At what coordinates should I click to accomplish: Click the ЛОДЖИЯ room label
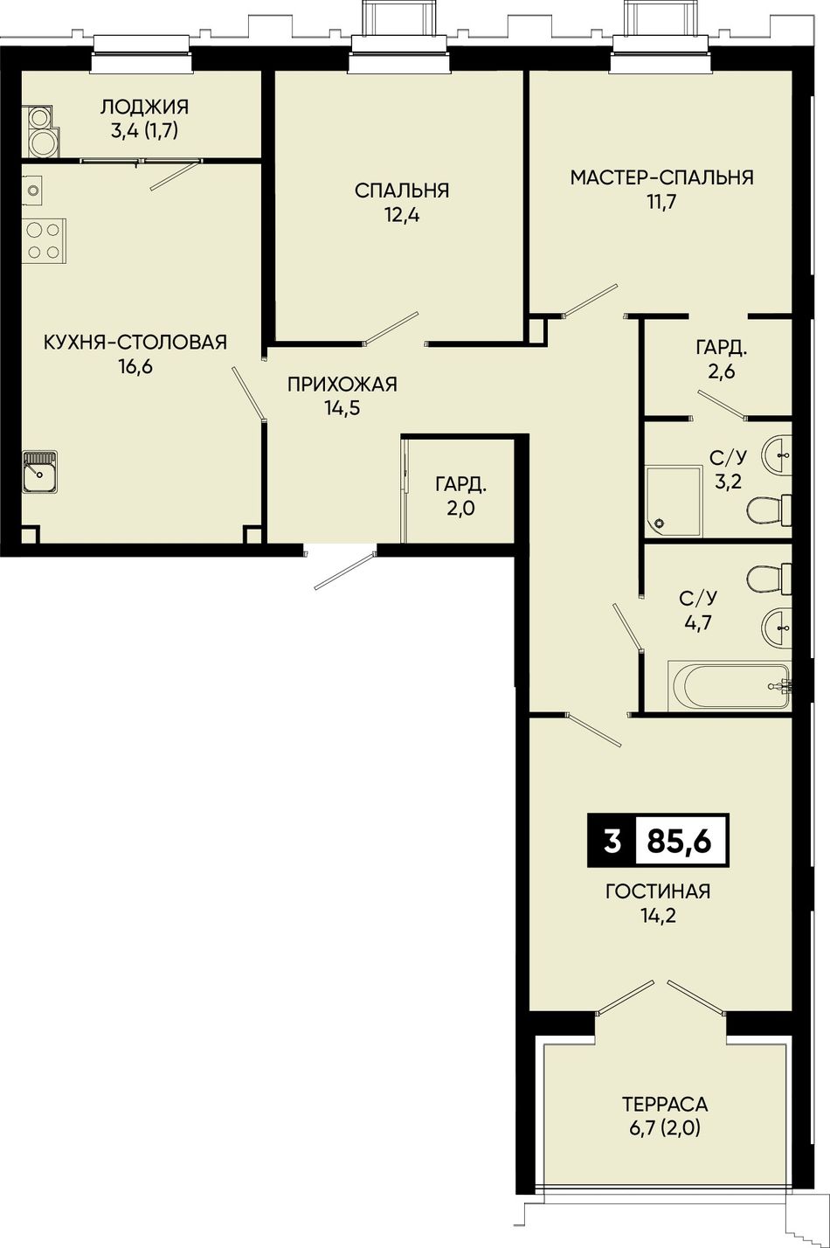(x=145, y=107)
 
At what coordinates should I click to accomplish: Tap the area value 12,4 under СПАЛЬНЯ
(x=402, y=215)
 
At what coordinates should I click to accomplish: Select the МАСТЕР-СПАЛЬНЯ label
(x=661, y=177)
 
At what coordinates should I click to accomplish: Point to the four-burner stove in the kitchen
(x=44, y=241)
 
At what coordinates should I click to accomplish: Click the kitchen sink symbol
(x=39, y=471)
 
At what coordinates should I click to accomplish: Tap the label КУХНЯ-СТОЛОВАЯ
(x=135, y=342)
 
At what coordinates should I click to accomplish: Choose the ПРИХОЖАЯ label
(x=342, y=385)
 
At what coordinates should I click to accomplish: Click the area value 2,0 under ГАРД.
(x=460, y=509)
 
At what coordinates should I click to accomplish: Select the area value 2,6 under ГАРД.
(x=722, y=371)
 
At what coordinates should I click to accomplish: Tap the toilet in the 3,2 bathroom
(x=769, y=510)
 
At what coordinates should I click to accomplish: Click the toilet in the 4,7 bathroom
(x=769, y=579)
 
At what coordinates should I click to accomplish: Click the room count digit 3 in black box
(x=612, y=841)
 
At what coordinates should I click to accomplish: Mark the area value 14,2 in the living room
(x=658, y=915)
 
